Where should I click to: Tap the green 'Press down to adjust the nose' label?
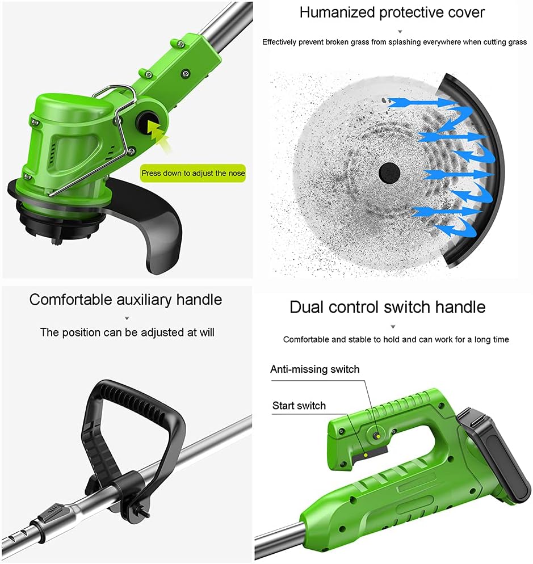[x=193, y=172]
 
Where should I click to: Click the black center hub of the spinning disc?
[x=389, y=170]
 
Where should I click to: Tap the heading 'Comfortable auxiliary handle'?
[x=125, y=299]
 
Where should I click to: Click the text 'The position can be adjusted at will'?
[x=127, y=332]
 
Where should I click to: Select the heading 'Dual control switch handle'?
[x=387, y=307]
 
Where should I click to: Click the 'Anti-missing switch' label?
[x=314, y=369]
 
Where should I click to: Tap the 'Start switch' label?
[x=299, y=405]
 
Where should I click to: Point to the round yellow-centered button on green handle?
[x=376, y=435]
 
